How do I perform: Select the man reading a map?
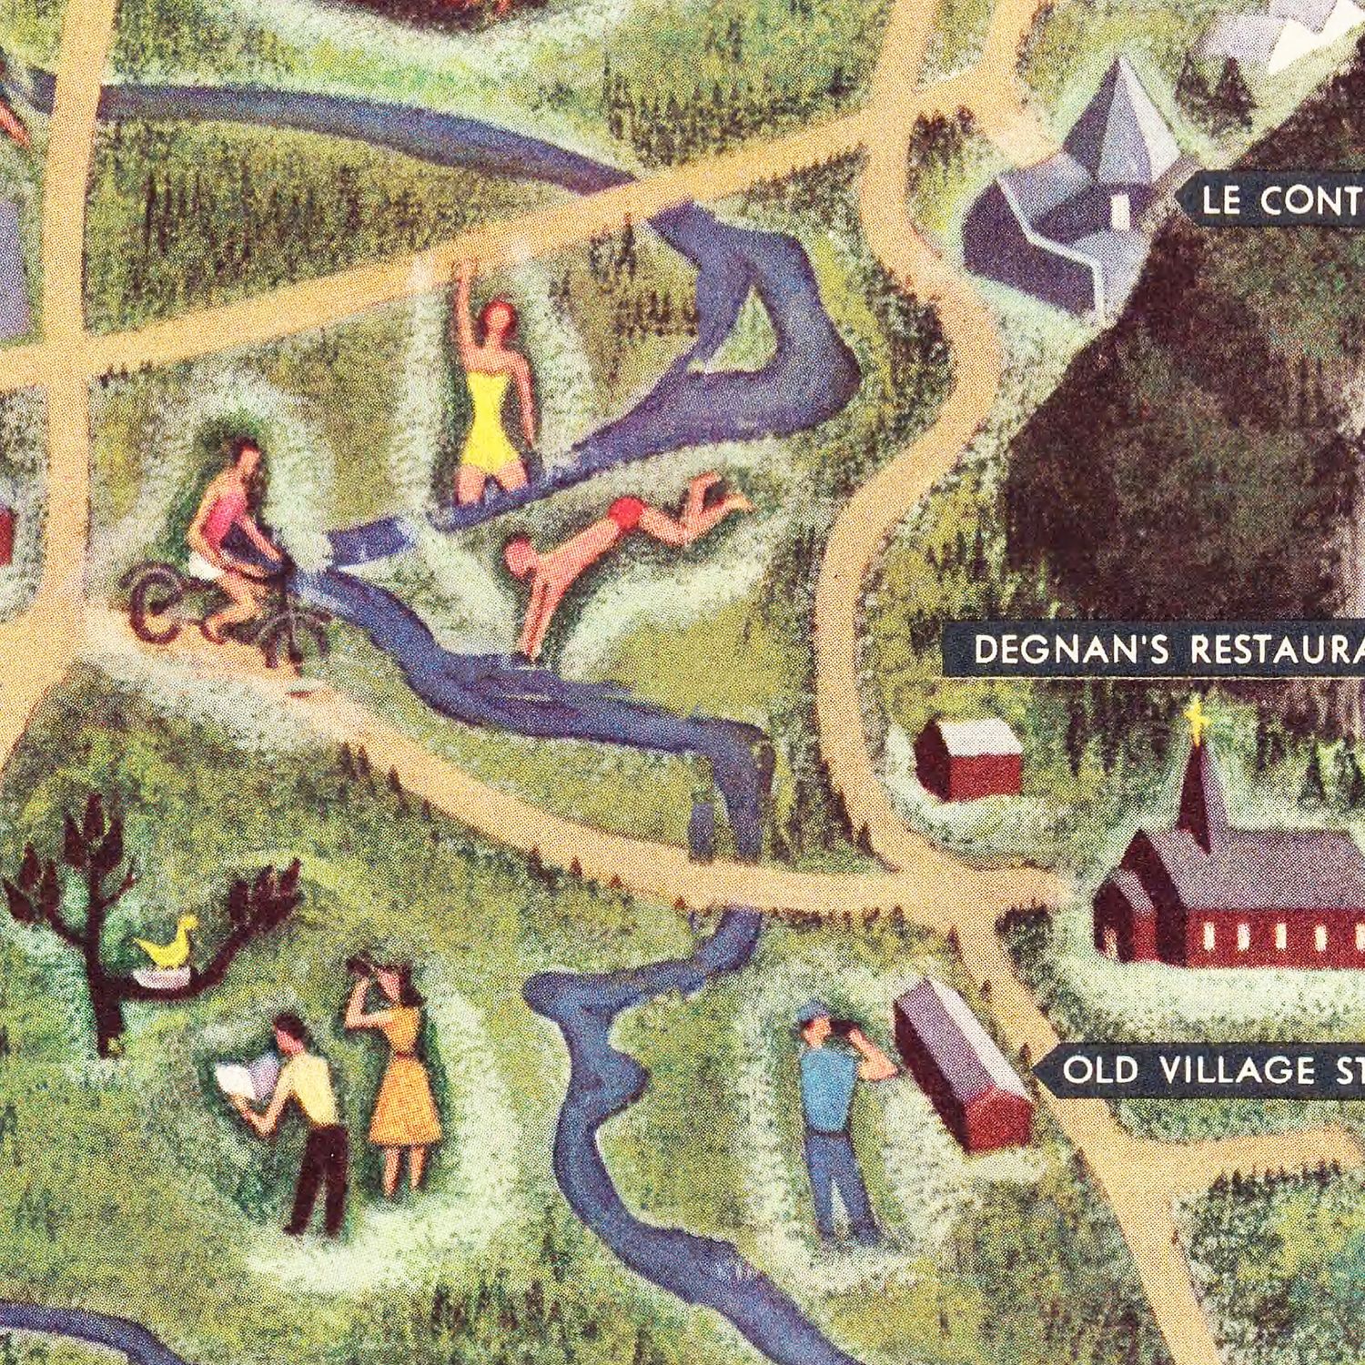(x=305, y=1119)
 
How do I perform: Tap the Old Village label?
(x=1201, y=1070)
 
